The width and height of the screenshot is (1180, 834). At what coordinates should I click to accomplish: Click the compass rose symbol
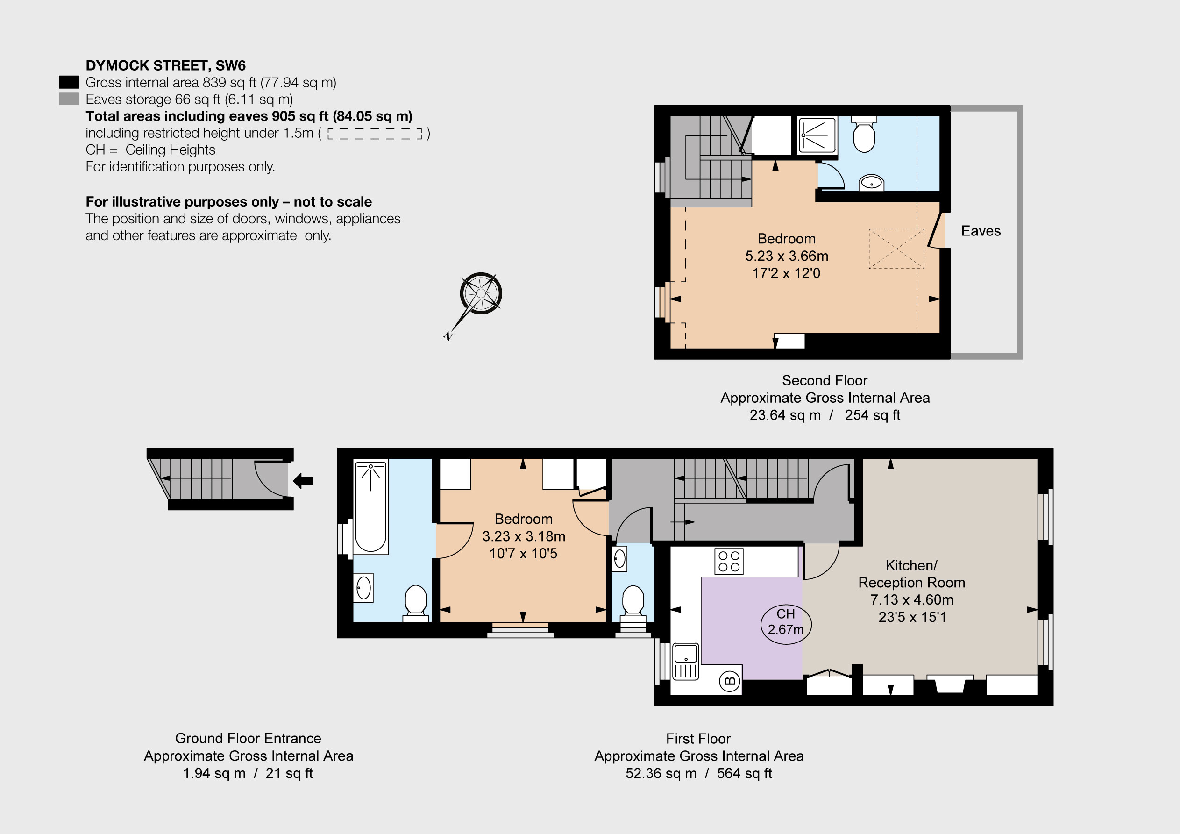(x=481, y=293)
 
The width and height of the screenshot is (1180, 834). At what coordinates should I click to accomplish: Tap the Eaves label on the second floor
(x=981, y=231)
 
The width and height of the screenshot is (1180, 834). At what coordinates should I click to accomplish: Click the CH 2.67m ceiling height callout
(x=785, y=621)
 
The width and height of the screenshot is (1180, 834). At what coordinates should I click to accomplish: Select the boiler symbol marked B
(x=730, y=682)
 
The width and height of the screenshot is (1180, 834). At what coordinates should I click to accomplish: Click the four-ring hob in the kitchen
(x=729, y=562)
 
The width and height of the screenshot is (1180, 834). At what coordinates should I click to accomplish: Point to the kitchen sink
(x=686, y=661)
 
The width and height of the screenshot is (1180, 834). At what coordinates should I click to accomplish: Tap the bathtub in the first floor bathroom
(x=370, y=506)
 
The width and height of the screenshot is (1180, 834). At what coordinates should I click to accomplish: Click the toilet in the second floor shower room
(x=864, y=135)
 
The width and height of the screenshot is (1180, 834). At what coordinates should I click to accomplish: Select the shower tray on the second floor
(x=817, y=135)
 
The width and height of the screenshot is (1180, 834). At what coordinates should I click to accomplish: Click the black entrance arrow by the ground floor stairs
(x=303, y=481)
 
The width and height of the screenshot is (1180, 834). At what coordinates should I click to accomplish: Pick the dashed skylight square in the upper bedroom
(x=896, y=249)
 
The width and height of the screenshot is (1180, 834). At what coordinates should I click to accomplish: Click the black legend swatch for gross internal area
(x=69, y=82)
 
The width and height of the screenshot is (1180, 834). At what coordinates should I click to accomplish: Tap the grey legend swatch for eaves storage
(x=69, y=99)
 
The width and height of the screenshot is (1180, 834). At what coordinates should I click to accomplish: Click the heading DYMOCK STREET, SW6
(x=165, y=66)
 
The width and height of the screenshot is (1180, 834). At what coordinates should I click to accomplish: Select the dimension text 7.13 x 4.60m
(x=912, y=599)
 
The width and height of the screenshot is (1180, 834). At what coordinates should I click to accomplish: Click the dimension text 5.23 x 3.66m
(x=786, y=256)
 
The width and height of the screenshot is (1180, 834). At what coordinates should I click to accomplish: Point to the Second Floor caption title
(x=825, y=380)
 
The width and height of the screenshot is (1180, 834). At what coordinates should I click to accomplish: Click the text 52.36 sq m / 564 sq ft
(x=698, y=773)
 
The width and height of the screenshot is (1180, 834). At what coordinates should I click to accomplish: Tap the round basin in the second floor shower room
(x=871, y=182)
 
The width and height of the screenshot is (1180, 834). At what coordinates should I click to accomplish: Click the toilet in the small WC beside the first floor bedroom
(x=633, y=600)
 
